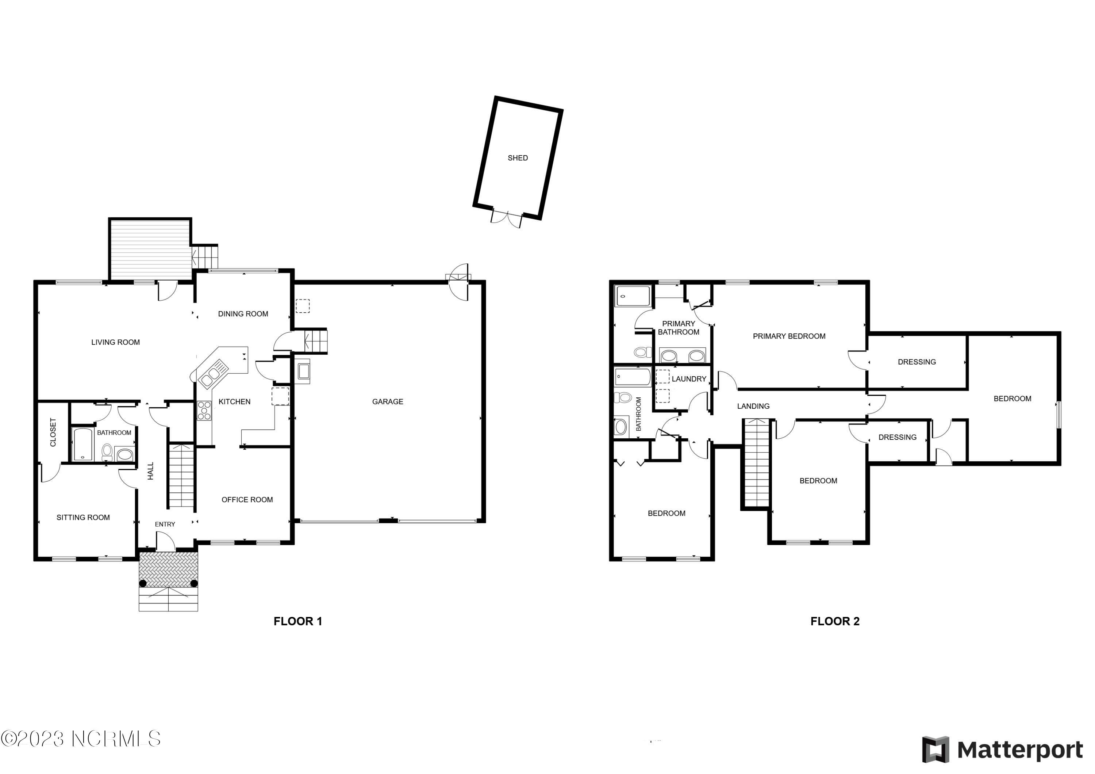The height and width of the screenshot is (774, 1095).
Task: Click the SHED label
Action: point(518,158)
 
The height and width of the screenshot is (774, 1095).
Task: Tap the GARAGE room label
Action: point(387,402)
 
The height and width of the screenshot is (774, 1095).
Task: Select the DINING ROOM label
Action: point(243,314)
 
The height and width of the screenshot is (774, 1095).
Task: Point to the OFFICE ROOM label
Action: point(247,500)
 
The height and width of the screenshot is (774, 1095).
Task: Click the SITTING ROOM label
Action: point(83,517)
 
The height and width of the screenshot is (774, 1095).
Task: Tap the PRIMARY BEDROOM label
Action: point(789,336)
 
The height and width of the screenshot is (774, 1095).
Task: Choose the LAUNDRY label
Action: point(689,379)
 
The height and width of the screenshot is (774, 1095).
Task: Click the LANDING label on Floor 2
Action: point(753,406)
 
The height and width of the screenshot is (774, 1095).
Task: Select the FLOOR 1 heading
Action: point(297,621)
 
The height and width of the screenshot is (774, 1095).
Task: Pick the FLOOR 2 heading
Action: point(835,621)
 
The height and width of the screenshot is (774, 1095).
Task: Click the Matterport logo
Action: point(1002,750)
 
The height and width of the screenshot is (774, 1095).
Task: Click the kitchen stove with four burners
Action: point(204,411)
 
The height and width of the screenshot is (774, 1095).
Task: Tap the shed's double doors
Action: point(507,219)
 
